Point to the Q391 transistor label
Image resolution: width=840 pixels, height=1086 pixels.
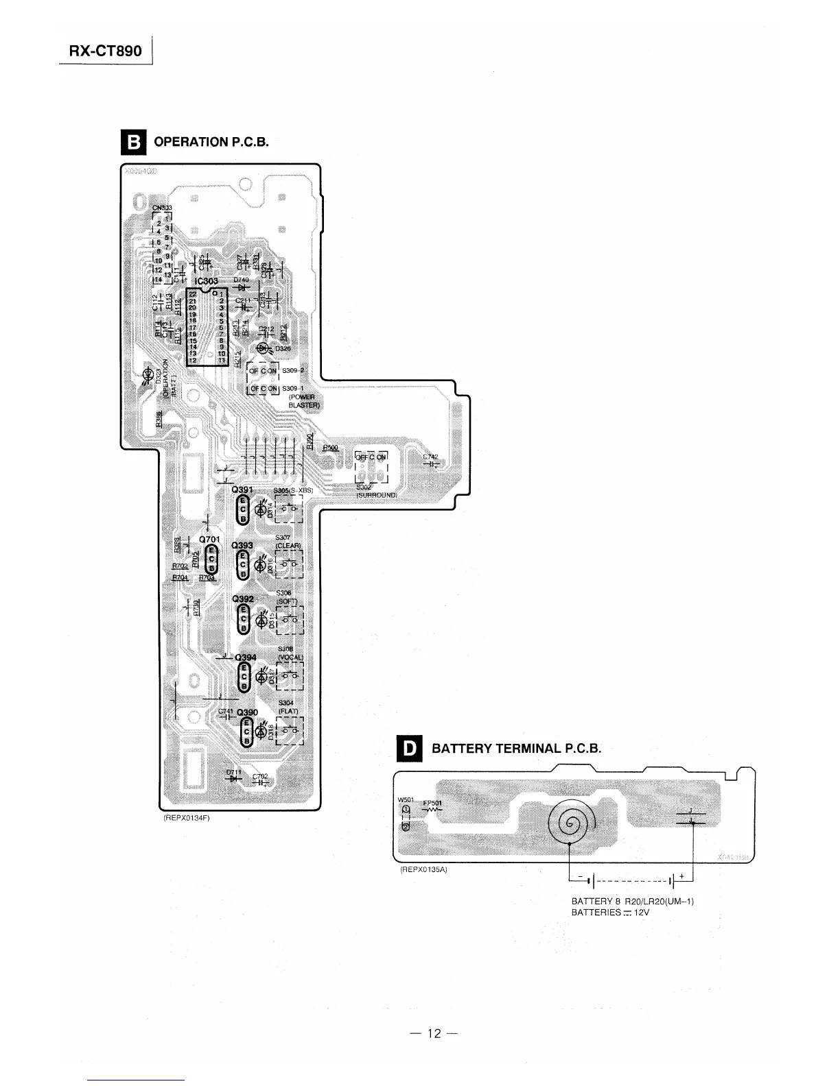pyautogui.click(x=243, y=490)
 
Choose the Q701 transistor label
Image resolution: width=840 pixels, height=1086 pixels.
pyautogui.click(x=209, y=540)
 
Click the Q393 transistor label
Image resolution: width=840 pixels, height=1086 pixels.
pyautogui.click(x=243, y=546)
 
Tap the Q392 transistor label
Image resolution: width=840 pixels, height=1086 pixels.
pyautogui.click(x=243, y=599)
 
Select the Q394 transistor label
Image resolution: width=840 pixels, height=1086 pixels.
pyautogui.click(x=246, y=657)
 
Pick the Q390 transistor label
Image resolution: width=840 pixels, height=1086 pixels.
pyautogui.click(x=247, y=712)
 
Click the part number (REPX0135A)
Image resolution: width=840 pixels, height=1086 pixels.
pyautogui.click(x=423, y=869)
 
